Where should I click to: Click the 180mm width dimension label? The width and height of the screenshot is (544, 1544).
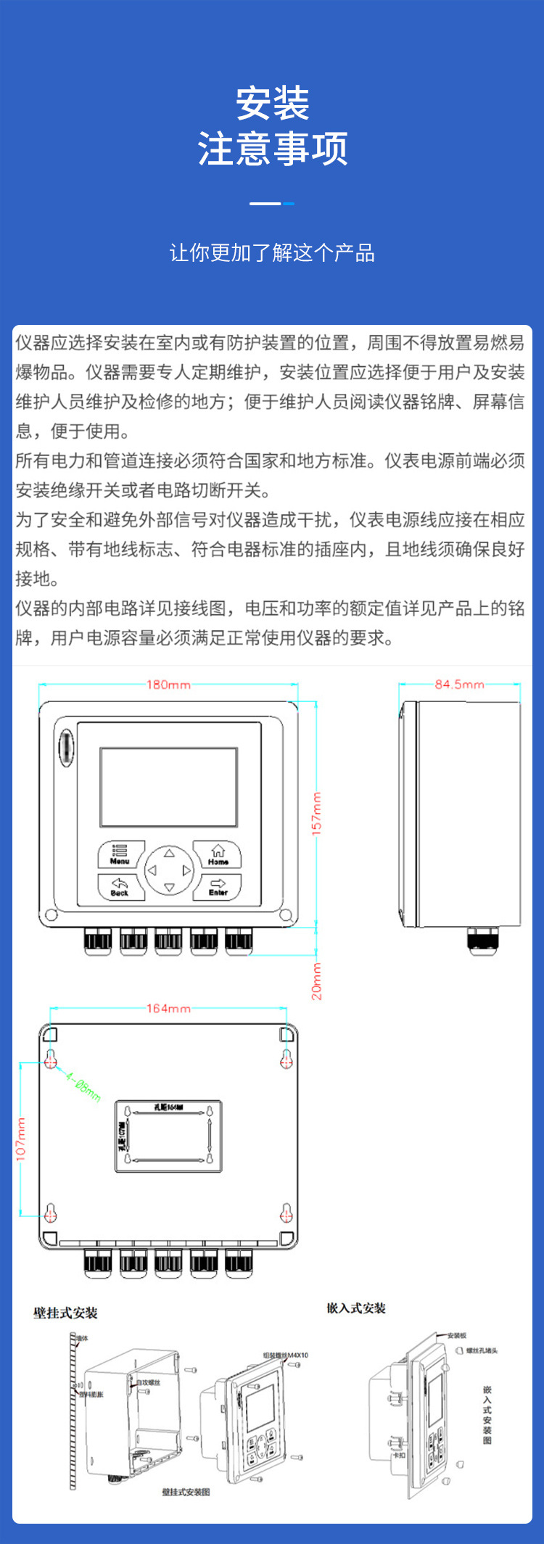pos(168,685)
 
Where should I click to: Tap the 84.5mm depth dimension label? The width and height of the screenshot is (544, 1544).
pos(459,685)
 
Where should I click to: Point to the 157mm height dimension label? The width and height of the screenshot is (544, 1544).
pos(316,814)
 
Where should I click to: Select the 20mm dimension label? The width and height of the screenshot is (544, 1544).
pos(317,981)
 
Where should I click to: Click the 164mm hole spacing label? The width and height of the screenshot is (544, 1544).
pos(168,1008)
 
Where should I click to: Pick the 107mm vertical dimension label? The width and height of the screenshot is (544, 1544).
pos(21,1139)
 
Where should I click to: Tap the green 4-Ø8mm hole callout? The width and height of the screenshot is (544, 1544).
pos(83,1087)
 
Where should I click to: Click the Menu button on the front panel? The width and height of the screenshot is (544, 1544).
pos(120,854)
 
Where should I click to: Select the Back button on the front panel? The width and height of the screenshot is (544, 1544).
pos(120,887)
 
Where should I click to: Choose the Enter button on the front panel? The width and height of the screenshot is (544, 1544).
pos(218,887)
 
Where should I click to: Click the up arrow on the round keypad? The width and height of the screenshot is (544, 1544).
pos(169,853)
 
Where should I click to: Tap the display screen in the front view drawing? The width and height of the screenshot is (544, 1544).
pos(168,787)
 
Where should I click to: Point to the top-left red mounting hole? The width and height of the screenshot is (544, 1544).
pos(51,1061)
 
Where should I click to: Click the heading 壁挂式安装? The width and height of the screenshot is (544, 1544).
pos(65,1313)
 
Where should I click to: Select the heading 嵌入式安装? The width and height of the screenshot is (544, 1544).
pos(356,1308)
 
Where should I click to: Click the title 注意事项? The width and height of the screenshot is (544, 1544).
pos(272,149)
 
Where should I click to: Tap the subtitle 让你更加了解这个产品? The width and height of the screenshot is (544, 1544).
pos(272,253)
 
